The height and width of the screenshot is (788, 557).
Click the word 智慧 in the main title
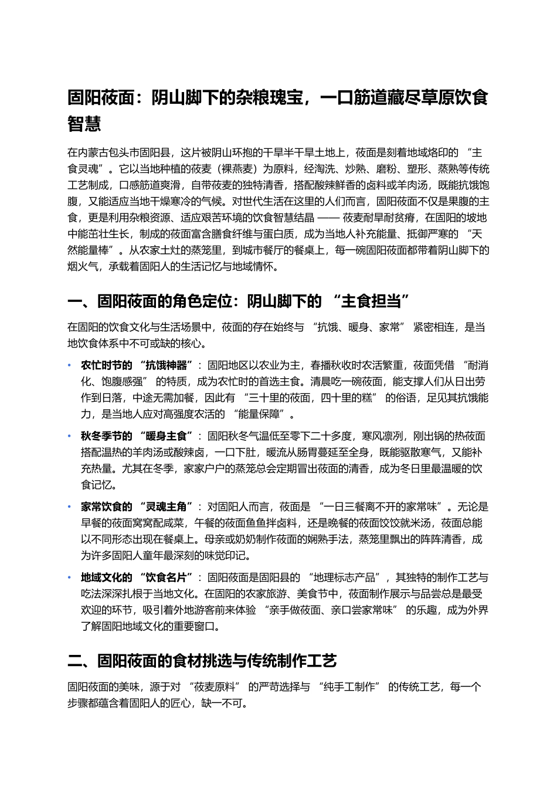84,124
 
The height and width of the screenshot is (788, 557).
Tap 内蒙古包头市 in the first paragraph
108,153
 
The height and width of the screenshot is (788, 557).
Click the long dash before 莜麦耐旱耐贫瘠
328,218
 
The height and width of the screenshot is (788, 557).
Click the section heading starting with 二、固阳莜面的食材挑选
202,661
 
